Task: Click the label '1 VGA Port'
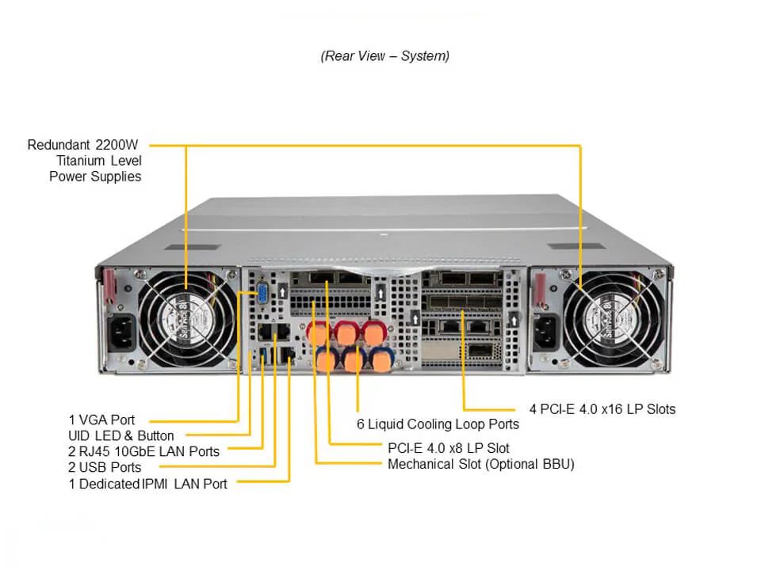[x=101, y=420]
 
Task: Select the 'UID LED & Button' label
[x=121, y=435]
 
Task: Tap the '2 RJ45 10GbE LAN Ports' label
[x=144, y=451]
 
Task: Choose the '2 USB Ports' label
[x=105, y=467]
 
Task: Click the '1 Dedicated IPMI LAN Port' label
[x=148, y=484]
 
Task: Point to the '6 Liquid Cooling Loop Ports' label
[x=438, y=424]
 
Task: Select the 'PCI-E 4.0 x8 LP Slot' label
[x=449, y=448]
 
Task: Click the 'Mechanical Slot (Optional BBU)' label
[x=481, y=464]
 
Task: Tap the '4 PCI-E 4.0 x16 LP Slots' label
[x=602, y=409]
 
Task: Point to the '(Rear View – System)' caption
[x=384, y=56]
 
